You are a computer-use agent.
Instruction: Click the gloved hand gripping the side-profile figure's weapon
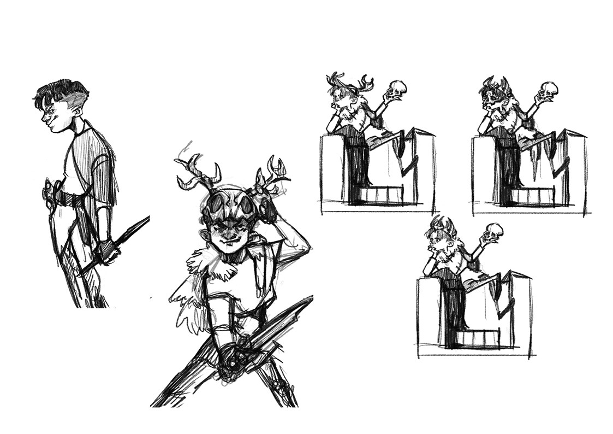pyautogui.click(x=108, y=251)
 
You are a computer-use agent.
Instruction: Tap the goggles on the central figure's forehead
pyautogui.click(x=228, y=204)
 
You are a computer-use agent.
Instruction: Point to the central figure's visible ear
pyautogui.click(x=204, y=237)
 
